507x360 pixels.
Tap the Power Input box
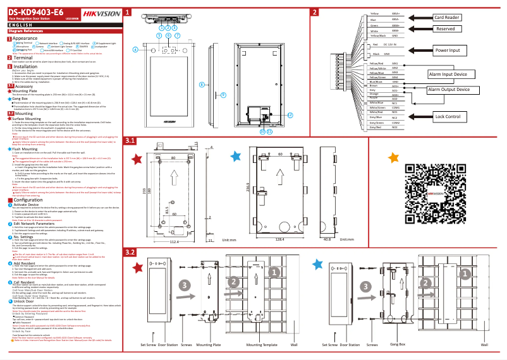448,50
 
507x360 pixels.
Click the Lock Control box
448,116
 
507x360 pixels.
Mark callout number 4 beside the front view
135,49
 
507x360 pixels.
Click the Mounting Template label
262,345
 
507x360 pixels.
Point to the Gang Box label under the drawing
398,345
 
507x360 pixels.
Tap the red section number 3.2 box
130,251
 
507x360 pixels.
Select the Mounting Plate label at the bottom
208,345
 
